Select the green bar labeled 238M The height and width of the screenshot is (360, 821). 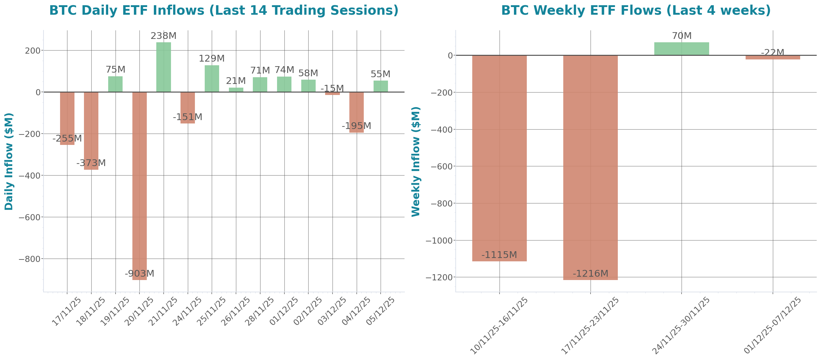pyautogui.click(x=164, y=67)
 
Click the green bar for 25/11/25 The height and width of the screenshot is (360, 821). pyautogui.click(x=212, y=78)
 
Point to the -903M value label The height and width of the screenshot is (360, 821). pyautogui.click(x=139, y=273)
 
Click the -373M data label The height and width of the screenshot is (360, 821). pyautogui.click(x=91, y=163)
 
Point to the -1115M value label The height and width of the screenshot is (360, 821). pyautogui.click(x=499, y=255)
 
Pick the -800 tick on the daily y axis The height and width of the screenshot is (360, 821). pyautogui.click(x=30, y=259)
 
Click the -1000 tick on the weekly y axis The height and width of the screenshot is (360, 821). pyautogui.click(x=439, y=241)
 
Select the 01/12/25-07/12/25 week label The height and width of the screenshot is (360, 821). pyautogui.click(x=773, y=325)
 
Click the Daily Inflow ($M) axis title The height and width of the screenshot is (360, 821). pyautogui.click(x=9, y=161)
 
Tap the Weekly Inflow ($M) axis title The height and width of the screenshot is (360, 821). pyautogui.click(x=416, y=161)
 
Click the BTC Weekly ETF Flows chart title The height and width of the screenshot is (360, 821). pyautogui.click(x=636, y=10)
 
